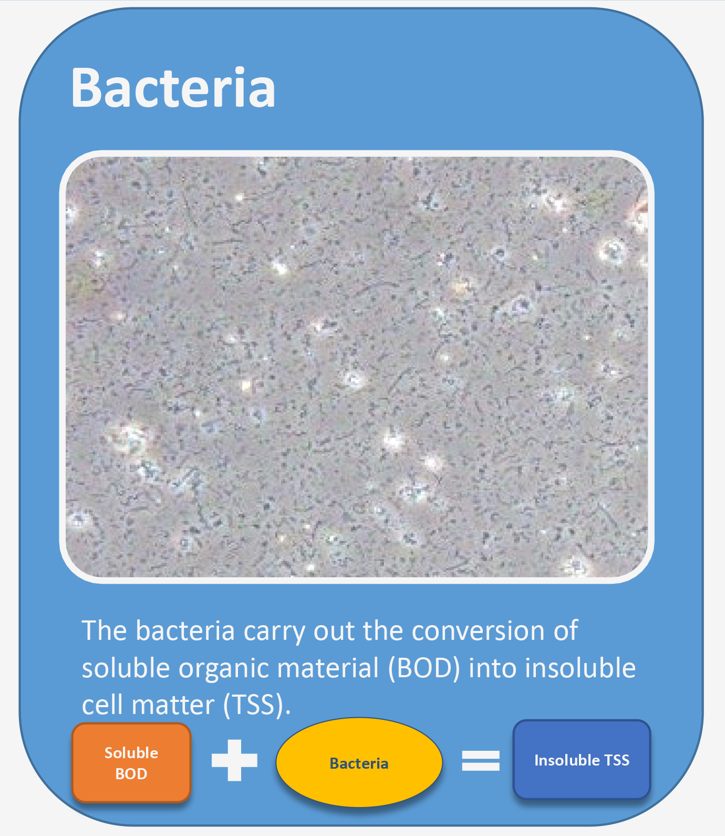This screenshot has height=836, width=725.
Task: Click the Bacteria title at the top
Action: [x=173, y=87]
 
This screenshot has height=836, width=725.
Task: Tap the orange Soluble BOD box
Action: [x=131, y=763]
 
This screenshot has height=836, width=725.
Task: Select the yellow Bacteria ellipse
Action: [x=359, y=762]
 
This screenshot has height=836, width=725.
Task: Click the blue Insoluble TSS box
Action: [x=582, y=760]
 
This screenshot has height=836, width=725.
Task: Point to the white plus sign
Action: [x=234, y=760]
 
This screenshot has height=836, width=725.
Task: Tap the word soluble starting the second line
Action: [x=126, y=668]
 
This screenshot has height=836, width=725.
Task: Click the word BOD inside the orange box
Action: [x=131, y=774]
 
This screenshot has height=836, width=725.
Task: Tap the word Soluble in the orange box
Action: [x=131, y=752]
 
